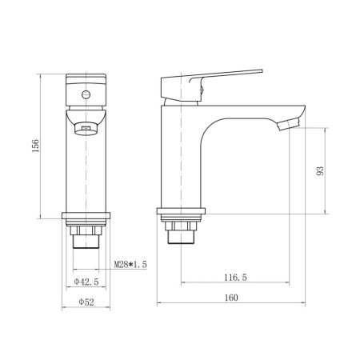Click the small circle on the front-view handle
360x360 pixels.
pyautogui.click(x=84, y=94)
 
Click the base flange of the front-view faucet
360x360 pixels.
pyautogui.click(x=85, y=217)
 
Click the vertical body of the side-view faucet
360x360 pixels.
pyautogui.click(x=177, y=160)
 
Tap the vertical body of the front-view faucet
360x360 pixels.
pyautogui.click(x=85, y=172)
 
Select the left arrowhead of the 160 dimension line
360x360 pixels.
pyautogui.click(x=158, y=304)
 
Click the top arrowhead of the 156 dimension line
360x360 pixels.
pyautogui.click(x=39, y=77)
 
